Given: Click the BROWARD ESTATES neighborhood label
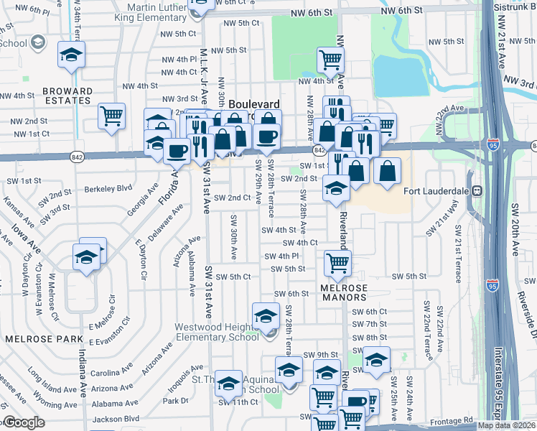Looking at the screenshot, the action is (x=67, y=96).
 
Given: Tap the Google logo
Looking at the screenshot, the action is (x=23, y=423).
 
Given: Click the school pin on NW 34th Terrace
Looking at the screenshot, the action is (x=71, y=55).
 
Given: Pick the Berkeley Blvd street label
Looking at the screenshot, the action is (x=108, y=188).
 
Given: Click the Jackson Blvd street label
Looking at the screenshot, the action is (x=115, y=418).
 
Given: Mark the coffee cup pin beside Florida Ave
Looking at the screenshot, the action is (x=177, y=151).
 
